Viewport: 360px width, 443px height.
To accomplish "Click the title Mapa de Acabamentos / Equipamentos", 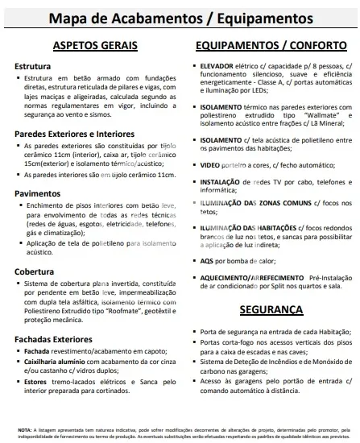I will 180,18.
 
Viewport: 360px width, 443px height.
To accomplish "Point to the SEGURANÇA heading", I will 270,309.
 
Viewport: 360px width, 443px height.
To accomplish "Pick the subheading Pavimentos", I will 38,193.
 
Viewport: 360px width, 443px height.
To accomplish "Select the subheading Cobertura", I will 35,271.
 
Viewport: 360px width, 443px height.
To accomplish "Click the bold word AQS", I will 207,262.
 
